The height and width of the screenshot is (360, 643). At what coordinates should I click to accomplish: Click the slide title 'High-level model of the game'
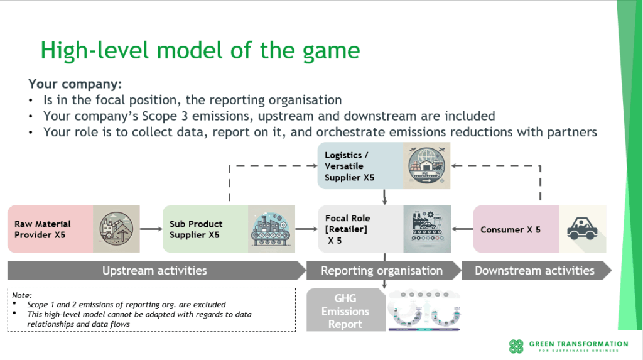coord(200,50)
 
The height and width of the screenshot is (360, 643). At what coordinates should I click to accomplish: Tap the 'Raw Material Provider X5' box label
coord(43,229)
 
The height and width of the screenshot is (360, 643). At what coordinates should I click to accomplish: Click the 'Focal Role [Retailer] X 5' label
coord(347,229)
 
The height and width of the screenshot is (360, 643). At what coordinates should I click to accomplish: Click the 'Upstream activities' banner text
coord(154,271)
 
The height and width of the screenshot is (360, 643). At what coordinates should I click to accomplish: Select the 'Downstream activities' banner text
coord(534,271)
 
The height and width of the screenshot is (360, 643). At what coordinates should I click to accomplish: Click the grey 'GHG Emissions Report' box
coord(345,311)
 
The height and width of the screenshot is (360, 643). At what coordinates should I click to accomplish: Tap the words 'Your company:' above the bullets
coord(75,84)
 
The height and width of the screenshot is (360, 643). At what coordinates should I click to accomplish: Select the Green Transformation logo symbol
coord(516,346)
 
